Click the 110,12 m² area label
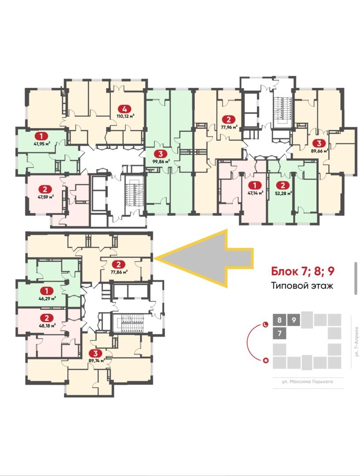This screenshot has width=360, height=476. coord(125,115)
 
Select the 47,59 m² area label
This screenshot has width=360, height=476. coord(46,197)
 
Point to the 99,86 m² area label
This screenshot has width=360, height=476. coord(161,161)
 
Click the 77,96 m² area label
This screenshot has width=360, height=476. coord(229,127)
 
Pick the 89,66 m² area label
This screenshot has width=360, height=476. coord(319,151)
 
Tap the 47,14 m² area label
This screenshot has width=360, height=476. coord(255,193)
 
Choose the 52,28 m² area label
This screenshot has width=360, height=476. coord(283,193)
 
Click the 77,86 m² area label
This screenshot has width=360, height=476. coord(119,272)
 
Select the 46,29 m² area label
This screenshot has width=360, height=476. coord(47,299)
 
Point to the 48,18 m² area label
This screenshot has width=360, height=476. coord(47,326)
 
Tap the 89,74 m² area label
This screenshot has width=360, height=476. coord(96,361)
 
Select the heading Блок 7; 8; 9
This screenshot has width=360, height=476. coord(303,271)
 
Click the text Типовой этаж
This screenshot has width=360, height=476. coord(302,286)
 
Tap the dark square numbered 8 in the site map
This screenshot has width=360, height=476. coord(279,320)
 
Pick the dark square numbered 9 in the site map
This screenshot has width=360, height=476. coord(293,320)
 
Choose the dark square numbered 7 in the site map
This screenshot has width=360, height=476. coord(279,333)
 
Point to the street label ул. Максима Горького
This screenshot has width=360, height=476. coord(307,382)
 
